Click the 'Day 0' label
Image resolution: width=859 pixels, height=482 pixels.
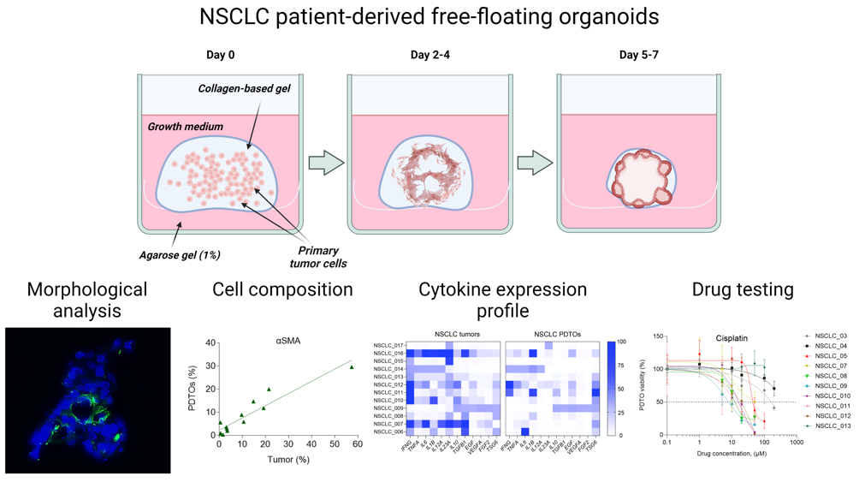[x=220, y=56]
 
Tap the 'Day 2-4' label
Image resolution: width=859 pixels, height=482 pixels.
[x=429, y=56]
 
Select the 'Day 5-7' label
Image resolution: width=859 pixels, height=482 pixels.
[x=638, y=56]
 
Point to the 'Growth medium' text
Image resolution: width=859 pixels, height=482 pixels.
[x=185, y=127]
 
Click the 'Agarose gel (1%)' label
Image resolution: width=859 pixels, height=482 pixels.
[x=180, y=254]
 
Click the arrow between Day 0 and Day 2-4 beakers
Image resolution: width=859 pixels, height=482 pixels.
[x=325, y=163]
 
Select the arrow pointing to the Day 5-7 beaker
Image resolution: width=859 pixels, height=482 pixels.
[x=535, y=163]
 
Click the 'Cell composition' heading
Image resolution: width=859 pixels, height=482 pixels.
[x=282, y=290]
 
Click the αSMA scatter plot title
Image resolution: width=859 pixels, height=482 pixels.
[x=287, y=340]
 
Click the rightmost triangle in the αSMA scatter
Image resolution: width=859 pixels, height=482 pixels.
[x=352, y=367]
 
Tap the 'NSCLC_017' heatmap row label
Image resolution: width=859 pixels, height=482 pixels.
[x=388, y=345]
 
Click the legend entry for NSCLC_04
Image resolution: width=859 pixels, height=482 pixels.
[x=831, y=346]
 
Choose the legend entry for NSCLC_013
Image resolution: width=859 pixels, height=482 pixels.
[x=832, y=425]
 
